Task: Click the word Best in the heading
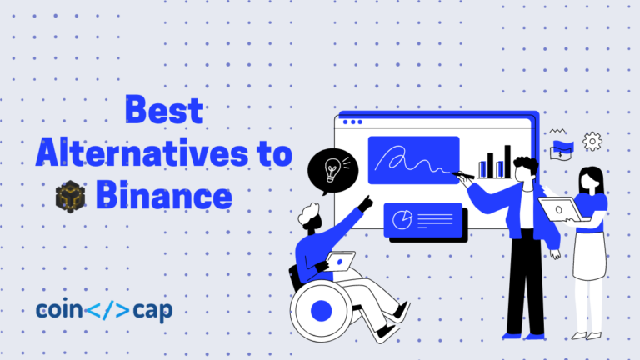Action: (x=163, y=112)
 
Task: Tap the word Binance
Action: (x=162, y=196)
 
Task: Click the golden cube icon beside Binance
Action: (x=71, y=197)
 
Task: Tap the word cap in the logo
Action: (x=151, y=311)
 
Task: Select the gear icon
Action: (x=592, y=141)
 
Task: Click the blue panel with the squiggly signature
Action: (x=413, y=159)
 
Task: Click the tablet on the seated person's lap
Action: (x=342, y=261)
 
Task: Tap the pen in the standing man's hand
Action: (x=463, y=175)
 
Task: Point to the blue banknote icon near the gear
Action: (x=561, y=148)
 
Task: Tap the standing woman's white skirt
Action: (x=588, y=254)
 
